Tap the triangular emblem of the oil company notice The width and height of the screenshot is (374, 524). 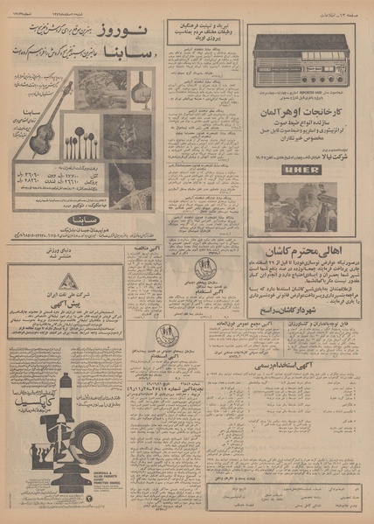pyautogui.click(x=69, y=282)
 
